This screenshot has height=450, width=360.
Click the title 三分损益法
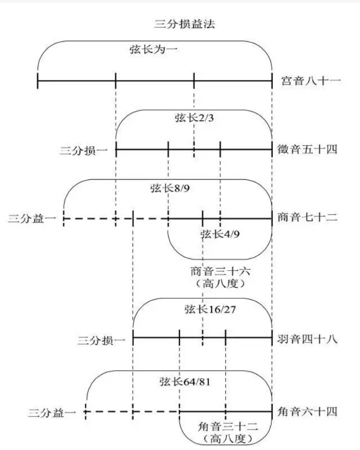pos(185,24)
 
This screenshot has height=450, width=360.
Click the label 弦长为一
pos(153,49)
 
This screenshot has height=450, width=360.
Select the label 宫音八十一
pos(311,81)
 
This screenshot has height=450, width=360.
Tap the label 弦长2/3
pos(194,118)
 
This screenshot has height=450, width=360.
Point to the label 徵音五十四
pos(307,149)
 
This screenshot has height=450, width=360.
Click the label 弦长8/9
pos(170,188)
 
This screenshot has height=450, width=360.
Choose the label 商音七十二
pos(307,217)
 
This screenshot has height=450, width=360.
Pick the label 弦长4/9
pos(220,234)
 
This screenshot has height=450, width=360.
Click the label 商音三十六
pos(220,271)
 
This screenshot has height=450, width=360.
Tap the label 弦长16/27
pos(210,309)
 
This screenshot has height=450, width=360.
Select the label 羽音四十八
pos(307,339)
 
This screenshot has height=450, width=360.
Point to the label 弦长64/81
pos(185,382)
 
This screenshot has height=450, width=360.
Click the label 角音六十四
pos(307,412)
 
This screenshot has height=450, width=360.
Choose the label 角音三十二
pos(228,427)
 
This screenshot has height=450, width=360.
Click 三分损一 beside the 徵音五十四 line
pos(83,150)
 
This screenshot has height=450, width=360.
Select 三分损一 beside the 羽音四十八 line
pos(101,341)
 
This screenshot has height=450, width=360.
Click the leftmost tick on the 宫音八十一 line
pos(38,81)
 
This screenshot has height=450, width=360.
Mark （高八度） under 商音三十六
pos(220,284)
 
